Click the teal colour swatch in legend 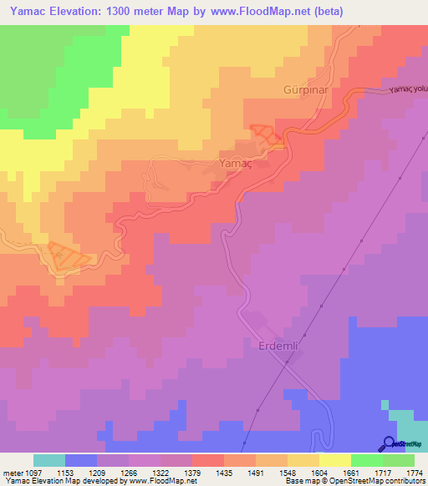[x=48, y=460]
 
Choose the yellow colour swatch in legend [x=334, y=460]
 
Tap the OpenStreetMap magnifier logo [x=389, y=443]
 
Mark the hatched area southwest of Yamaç [x=65, y=255]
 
